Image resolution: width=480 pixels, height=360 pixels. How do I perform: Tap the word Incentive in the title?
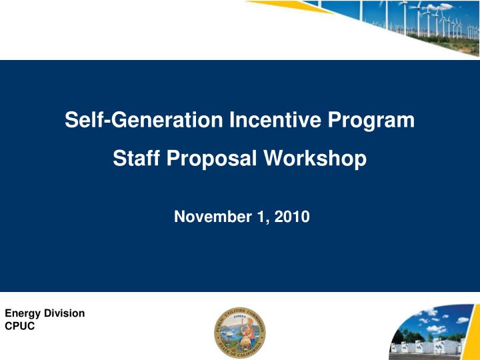(x=281, y=120)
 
